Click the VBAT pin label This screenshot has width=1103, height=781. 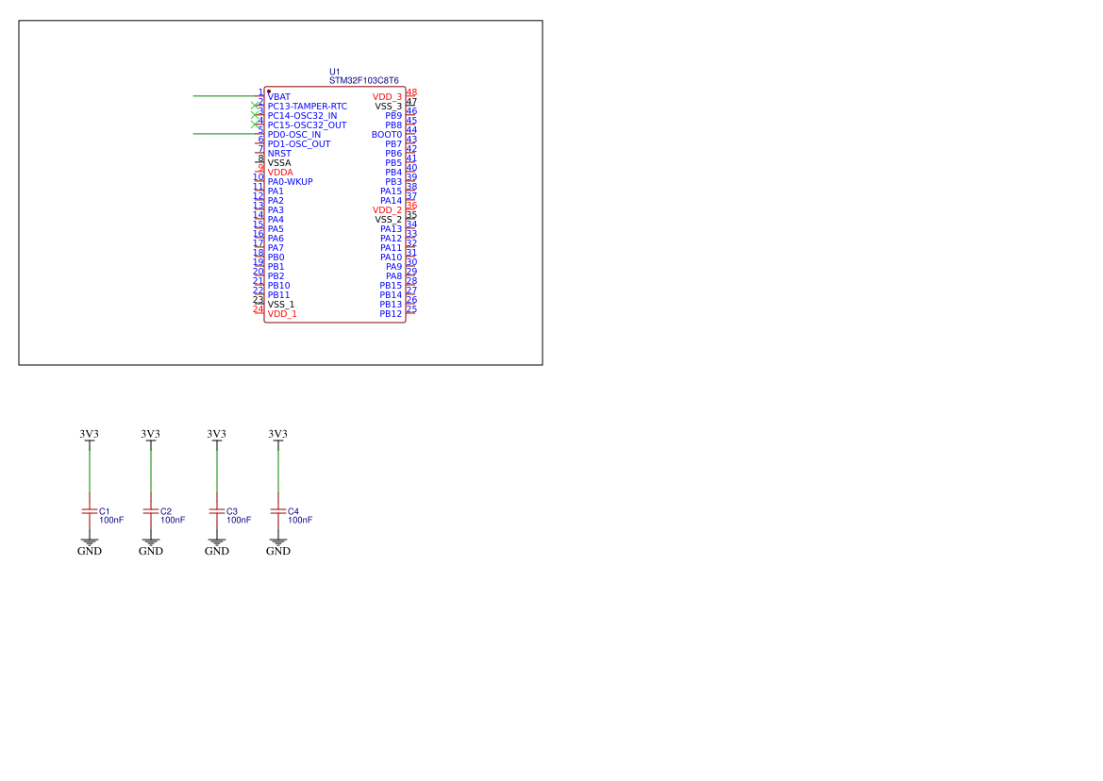[x=278, y=97]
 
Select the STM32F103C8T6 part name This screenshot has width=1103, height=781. [x=363, y=81]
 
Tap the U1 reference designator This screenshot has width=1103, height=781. [x=335, y=72]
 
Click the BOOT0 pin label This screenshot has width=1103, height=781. [x=387, y=135]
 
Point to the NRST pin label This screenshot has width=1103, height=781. [x=279, y=153]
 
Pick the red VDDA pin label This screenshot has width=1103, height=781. [x=280, y=173]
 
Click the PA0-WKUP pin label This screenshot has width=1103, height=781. [x=290, y=182]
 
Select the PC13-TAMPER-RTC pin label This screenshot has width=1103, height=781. [x=308, y=107]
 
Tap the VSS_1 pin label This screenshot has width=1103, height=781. [x=280, y=305]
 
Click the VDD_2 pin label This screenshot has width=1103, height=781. [x=388, y=210]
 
